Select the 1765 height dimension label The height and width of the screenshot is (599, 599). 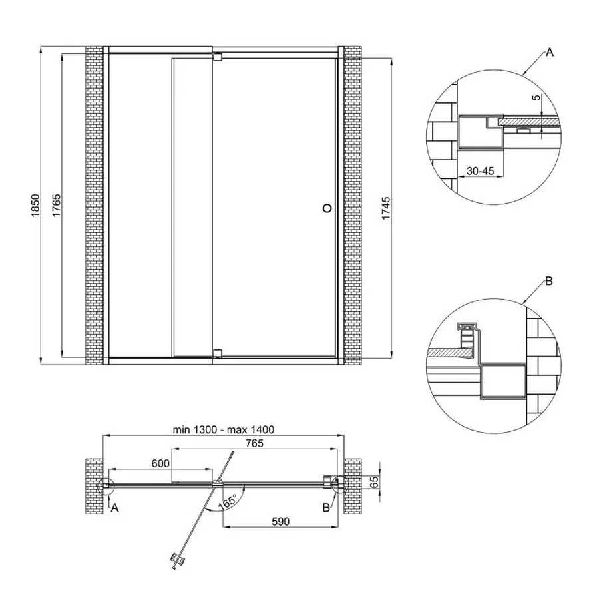[x=57, y=205]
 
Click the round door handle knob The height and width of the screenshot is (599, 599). [x=327, y=208]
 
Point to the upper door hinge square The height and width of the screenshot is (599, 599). [x=216, y=57]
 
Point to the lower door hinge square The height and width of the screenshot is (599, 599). [x=216, y=353]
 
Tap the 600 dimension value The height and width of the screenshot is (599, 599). [x=160, y=461]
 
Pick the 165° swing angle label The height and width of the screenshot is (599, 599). [x=226, y=502]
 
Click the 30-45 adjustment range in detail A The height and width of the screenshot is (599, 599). [x=479, y=171]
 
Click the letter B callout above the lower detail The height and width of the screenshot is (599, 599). [x=548, y=281]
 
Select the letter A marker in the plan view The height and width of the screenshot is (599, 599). [x=114, y=508]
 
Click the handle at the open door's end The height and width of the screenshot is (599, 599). [x=177, y=559]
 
